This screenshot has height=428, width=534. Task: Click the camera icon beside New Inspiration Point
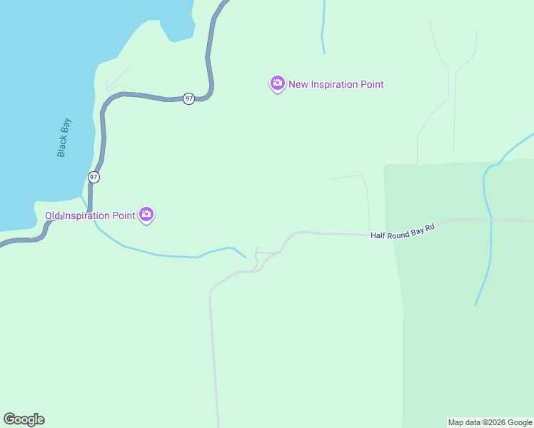click(x=277, y=83)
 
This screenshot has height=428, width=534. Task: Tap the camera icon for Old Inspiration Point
click(x=146, y=214)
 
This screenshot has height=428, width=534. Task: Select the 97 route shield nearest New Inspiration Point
click(x=188, y=98)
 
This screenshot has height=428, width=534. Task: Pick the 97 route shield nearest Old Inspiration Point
click(x=94, y=176)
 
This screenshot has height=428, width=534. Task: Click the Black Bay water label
click(x=64, y=138)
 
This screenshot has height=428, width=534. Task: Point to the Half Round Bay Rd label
click(x=402, y=231)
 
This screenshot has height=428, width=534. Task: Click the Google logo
click(x=24, y=419)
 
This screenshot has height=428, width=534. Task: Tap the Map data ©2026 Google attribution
click(x=490, y=422)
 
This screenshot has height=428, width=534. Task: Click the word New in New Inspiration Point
click(x=298, y=84)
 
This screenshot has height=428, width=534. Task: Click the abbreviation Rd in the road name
click(x=430, y=228)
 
